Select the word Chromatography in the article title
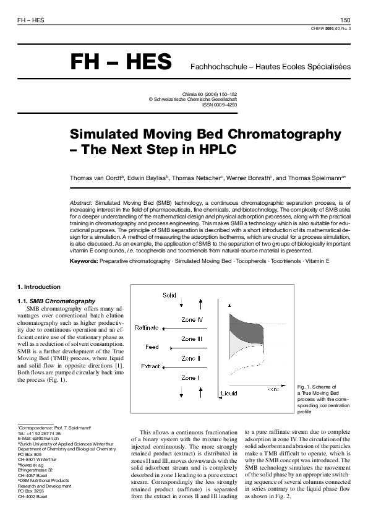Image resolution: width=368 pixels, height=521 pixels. click(x=288, y=134)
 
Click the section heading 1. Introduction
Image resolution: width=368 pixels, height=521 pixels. click(x=39, y=287)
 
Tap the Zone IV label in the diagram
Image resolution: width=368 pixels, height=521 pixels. click(x=192, y=320)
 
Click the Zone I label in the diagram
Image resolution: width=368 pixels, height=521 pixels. click(x=190, y=377)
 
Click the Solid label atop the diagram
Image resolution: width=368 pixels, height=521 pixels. click(x=169, y=296)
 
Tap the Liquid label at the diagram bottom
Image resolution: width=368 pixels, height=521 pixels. click(x=229, y=393)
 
